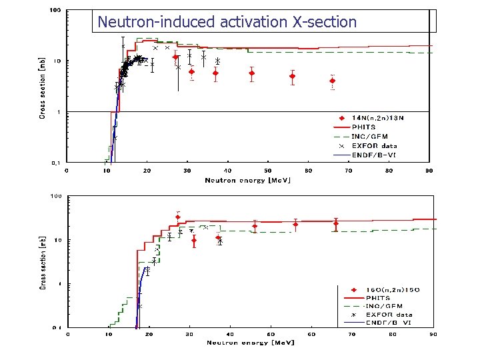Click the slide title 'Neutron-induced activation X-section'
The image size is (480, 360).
coord(227,22)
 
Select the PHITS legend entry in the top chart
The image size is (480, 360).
coord(364,127)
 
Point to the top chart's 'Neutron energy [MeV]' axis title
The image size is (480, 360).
coord(247,180)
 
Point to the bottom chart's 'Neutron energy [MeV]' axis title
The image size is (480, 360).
coord(250,343)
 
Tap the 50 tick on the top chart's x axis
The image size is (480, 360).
coord(268,171)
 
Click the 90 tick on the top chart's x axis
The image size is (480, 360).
coord(429,171)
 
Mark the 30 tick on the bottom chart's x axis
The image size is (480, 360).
coord(190,334)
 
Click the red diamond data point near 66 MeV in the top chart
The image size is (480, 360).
coord(332,81)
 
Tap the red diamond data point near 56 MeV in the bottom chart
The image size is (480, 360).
coord(295,225)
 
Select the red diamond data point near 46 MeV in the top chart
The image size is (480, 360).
coord(251,74)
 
